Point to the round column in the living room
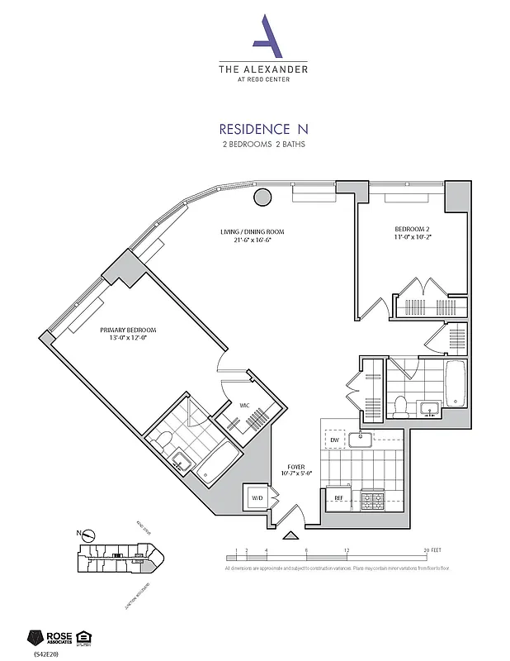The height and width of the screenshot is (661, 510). tap(262, 197)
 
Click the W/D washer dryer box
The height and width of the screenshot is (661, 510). tap(257, 498)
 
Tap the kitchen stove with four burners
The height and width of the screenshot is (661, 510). tap(372, 498)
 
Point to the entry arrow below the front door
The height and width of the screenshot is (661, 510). tap(290, 535)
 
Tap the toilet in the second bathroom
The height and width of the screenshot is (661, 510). tap(401, 406)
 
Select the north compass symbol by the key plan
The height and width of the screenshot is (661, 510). tap(90, 534)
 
